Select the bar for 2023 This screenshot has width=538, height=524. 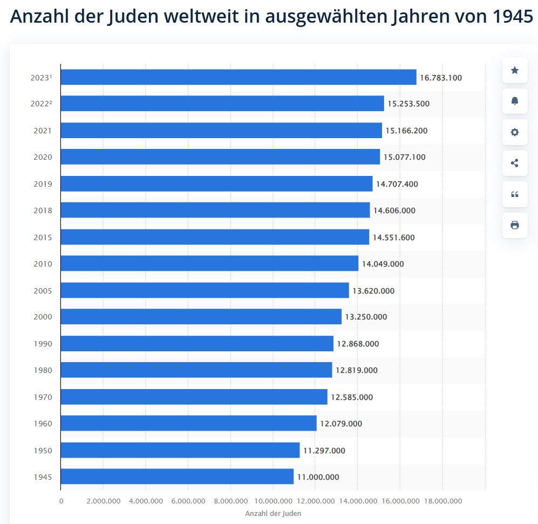pos(238,77)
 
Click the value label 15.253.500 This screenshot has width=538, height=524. pos(408,104)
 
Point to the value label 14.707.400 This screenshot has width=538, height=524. pos(397,184)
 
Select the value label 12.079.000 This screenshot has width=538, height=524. pos(341,424)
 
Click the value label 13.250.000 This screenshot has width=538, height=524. pos(366,317)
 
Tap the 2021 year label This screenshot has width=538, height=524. pos(42,131)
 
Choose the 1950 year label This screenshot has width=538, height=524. pos(42,451)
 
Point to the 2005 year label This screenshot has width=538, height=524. pos(42,291)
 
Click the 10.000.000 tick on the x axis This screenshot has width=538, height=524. pos(273,501)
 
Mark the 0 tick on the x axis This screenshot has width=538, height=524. pos(61,501)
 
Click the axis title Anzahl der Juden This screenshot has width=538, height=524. pos(273,513)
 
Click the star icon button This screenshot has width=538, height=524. pos(515,70)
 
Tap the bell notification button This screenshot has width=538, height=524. pos(515,101)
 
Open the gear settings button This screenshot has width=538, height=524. pos(515,132)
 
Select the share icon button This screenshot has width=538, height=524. pos(515,163)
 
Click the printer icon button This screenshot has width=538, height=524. pos(515,225)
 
